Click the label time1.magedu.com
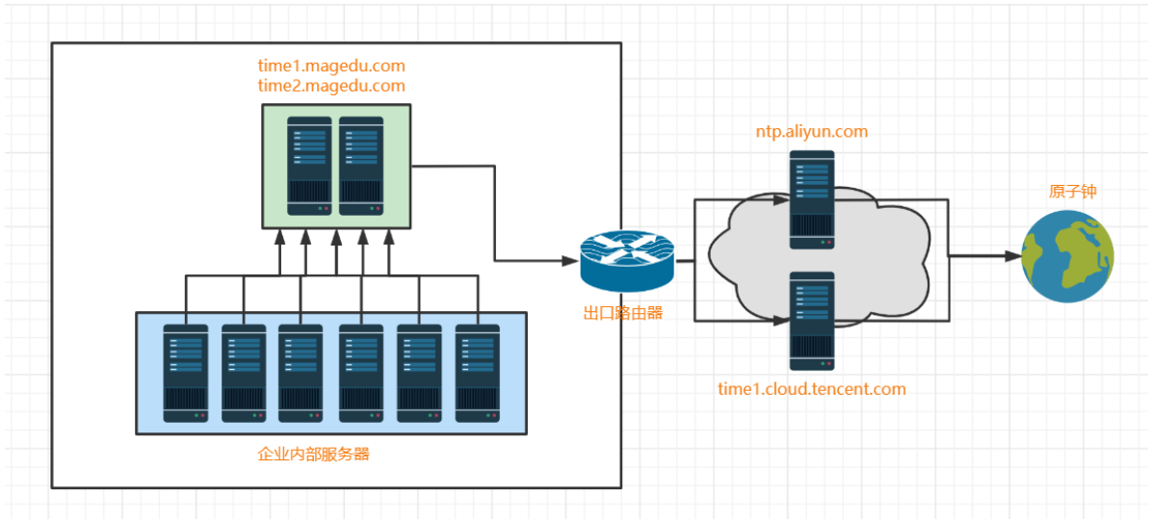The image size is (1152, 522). (331, 65)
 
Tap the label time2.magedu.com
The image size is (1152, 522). (331, 86)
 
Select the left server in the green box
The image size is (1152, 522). (310, 165)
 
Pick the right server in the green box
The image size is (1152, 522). (360, 165)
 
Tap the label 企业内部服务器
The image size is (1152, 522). (314, 454)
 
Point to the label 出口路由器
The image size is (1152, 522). (623, 313)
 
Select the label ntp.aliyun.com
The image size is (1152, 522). (813, 132)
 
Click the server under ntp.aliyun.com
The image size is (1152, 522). (812, 199)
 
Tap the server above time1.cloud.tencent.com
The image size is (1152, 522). (812, 321)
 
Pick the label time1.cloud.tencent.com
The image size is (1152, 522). (812, 389)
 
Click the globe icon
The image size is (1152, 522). (1067, 256)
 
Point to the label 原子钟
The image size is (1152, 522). (1072, 192)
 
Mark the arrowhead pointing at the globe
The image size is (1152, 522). (1011, 257)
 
